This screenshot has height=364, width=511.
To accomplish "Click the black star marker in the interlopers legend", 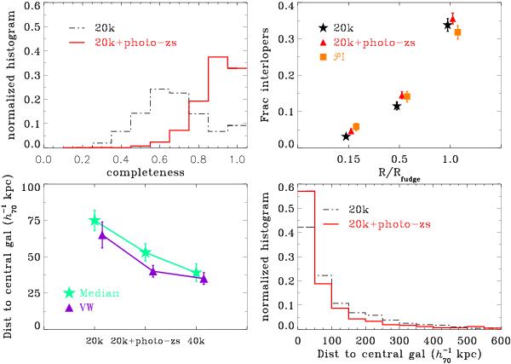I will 301,28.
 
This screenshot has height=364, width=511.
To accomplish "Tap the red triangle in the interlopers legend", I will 301,43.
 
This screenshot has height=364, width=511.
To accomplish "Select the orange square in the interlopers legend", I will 301,57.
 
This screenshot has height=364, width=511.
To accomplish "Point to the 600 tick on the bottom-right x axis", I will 499,340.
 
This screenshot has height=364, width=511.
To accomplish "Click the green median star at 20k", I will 95,221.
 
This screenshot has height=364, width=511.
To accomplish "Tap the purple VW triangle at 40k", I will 203,279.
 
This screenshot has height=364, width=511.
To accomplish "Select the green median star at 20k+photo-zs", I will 146,252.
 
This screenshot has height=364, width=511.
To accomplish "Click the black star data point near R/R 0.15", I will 346,136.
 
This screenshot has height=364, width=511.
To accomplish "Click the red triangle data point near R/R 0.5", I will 402,95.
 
